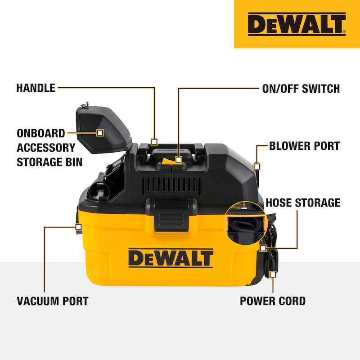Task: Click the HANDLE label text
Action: point(36,88)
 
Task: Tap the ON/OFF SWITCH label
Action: point(301,89)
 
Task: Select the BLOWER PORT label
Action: point(305,146)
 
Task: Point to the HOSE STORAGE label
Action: point(303,203)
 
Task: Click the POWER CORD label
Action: point(273,301)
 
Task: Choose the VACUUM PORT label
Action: point(53,301)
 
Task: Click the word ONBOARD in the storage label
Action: point(41,133)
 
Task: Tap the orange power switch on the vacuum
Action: point(167,161)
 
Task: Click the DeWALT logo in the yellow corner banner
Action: point(297,24)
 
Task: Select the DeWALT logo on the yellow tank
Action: point(171,258)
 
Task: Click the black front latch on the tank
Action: point(171,215)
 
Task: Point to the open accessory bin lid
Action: point(104,129)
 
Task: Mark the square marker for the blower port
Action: point(256,166)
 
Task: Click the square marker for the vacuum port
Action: point(78,227)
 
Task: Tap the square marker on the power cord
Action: point(273,274)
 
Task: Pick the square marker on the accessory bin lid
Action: point(100,133)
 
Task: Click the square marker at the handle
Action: point(154,142)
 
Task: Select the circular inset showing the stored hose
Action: point(246,222)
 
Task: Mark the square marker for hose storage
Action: point(263,248)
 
